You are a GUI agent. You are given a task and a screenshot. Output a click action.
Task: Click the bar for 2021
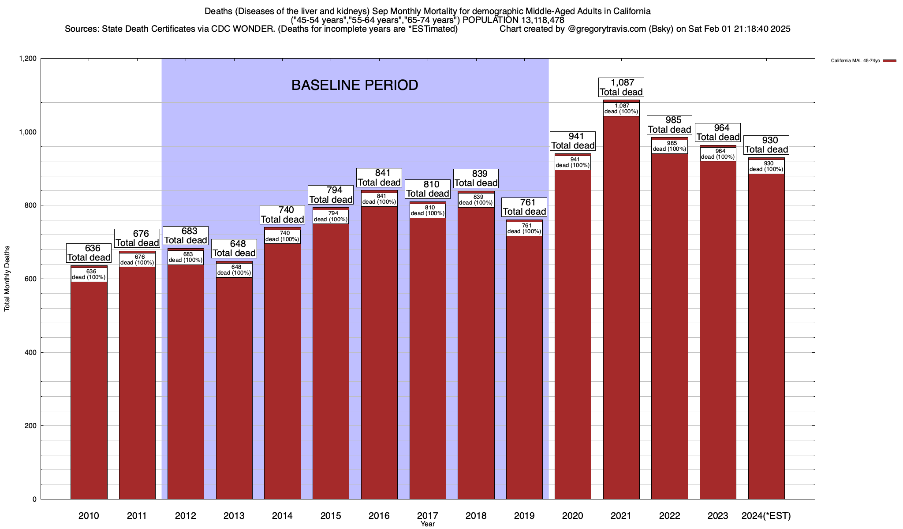click(x=621, y=309)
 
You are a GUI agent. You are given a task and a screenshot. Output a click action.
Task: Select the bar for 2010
click(x=89, y=388)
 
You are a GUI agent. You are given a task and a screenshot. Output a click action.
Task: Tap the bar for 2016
click(x=379, y=353)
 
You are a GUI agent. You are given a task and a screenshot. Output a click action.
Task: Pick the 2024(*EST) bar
click(x=766, y=339)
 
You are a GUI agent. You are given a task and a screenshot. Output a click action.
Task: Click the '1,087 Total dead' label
click(x=621, y=87)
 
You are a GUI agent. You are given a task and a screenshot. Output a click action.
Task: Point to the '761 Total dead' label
click(x=525, y=207)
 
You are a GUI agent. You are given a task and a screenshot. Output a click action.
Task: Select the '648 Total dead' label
click(x=234, y=249)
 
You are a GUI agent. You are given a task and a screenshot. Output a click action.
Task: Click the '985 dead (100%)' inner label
click(x=670, y=146)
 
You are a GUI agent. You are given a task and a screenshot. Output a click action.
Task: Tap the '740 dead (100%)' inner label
click(x=283, y=236)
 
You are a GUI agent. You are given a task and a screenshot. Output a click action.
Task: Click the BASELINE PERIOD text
click(x=355, y=85)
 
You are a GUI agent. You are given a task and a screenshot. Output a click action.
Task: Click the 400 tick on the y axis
click(x=31, y=353)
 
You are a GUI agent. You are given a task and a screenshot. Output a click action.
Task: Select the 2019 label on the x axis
click(x=525, y=516)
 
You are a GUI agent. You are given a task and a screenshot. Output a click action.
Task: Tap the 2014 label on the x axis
click(x=283, y=516)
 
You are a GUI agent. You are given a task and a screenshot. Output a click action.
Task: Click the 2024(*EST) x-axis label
click(x=766, y=516)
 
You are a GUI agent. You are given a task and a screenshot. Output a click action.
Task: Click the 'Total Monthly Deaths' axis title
click(x=7, y=279)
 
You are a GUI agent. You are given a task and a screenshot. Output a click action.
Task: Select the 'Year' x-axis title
click(x=428, y=524)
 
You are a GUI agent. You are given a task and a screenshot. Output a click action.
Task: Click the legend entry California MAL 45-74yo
click(x=855, y=61)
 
